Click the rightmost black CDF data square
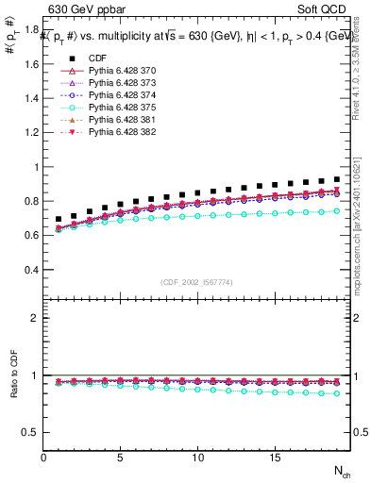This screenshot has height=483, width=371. point(337,179)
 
